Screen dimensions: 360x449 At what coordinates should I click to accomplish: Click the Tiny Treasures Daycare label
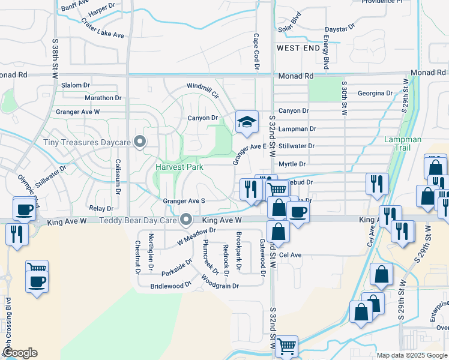[x=87, y=143]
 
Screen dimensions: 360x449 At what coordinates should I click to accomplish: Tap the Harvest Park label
[x=179, y=167]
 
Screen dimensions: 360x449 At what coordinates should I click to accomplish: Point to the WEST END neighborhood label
[x=298, y=47]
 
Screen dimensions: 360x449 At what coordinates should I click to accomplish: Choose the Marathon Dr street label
[x=103, y=98]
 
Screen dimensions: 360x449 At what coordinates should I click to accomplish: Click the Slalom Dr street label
[x=75, y=85]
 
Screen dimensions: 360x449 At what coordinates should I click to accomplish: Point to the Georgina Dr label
[x=375, y=93]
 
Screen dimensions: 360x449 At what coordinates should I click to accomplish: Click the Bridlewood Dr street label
[x=170, y=286]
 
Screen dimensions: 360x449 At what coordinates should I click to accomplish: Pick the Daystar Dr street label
[x=340, y=28]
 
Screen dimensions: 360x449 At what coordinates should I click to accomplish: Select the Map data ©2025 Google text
[x=412, y=355]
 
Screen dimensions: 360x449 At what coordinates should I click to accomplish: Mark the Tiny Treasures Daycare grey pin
[x=140, y=142]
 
